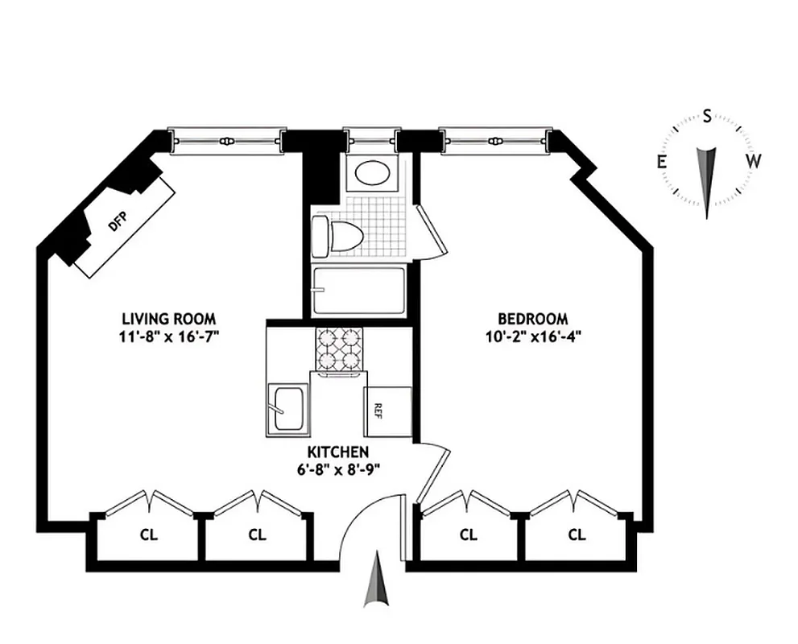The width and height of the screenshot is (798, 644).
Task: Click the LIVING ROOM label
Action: pyautogui.click(x=169, y=318)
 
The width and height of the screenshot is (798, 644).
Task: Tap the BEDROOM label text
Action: pyautogui.click(x=532, y=318)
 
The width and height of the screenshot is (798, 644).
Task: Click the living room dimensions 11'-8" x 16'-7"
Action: pyautogui.click(x=169, y=336)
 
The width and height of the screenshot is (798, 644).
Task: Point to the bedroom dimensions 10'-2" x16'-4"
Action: pyautogui.click(x=532, y=336)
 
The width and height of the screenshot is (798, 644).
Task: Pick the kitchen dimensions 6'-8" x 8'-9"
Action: pyautogui.click(x=337, y=470)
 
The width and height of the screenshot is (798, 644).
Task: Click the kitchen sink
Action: pyautogui.click(x=287, y=408)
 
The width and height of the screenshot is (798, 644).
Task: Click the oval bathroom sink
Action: pyautogui.click(x=372, y=172)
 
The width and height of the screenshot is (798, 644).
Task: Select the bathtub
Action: pyautogui.click(x=358, y=291)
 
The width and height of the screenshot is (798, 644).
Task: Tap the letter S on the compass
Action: pyautogui.click(x=707, y=116)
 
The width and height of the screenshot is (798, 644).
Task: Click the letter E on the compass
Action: pyautogui.click(x=662, y=162)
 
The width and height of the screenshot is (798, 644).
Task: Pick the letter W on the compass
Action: pyautogui.click(x=753, y=161)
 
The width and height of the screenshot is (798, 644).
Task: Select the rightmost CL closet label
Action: pyautogui.click(x=577, y=534)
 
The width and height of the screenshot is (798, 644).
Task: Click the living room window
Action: pyautogui.click(x=228, y=140)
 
